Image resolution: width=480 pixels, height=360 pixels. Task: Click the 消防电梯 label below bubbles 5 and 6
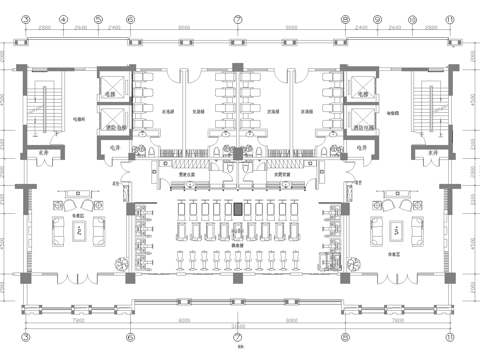(117, 128)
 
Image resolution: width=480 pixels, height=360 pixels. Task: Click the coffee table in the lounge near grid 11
(397, 230)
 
